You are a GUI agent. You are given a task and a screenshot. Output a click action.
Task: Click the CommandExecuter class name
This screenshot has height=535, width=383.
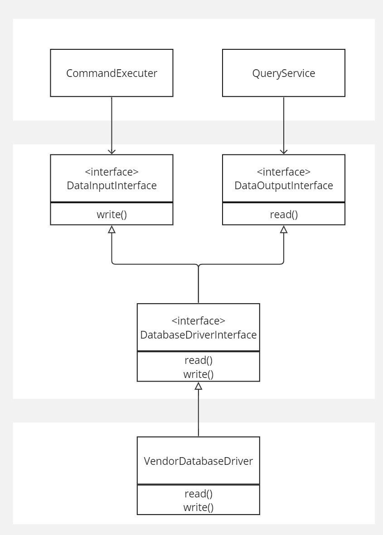[x=112, y=73]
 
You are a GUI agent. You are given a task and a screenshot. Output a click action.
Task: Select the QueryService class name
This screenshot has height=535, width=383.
[x=284, y=73]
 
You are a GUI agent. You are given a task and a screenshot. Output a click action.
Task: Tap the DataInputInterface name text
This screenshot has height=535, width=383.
[x=112, y=186]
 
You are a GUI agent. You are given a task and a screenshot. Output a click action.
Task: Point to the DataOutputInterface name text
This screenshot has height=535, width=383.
[x=284, y=186]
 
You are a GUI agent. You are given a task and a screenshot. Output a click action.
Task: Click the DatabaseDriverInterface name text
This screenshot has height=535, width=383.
[x=199, y=335]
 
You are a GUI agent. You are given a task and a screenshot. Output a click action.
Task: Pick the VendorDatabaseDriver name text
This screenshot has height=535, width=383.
[x=199, y=461]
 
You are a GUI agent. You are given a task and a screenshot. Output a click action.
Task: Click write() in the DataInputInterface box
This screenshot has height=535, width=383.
[x=112, y=215]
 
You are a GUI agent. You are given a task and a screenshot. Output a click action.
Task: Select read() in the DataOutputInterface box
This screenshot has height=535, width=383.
[x=284, y=215]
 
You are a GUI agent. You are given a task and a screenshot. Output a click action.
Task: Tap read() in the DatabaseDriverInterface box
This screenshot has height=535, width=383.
[x=199, y=360]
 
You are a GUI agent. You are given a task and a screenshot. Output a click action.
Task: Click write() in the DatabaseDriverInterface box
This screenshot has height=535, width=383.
[x=199, y=374]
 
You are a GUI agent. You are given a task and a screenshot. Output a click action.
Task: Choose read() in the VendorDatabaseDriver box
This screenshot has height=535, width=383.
[x=199, y=494]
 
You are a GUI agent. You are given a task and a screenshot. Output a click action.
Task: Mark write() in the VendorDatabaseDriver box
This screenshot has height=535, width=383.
[x=199, y=507]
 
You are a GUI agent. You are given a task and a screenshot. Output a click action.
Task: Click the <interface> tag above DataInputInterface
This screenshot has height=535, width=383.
[x=112, y=172]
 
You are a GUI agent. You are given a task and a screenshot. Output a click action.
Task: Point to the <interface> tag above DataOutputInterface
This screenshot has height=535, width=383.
[x=284, y=172]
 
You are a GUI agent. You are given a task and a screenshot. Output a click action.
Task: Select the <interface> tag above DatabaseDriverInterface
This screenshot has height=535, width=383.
[x=199, y=321]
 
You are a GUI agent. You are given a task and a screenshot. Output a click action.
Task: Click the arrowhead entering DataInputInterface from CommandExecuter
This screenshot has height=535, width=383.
[x=112, y=152]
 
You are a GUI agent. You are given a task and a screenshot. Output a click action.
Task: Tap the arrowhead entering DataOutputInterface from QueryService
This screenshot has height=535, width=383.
[x=284, y=152]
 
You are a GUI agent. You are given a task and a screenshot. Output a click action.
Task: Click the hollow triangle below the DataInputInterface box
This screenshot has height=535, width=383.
[x=112, y=229]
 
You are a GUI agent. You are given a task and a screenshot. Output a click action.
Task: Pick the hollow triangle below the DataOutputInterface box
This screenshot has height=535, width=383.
[x=284, y=229]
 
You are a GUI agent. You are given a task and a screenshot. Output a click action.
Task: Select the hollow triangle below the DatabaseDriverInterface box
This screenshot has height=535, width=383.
[x=199, y=386]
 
